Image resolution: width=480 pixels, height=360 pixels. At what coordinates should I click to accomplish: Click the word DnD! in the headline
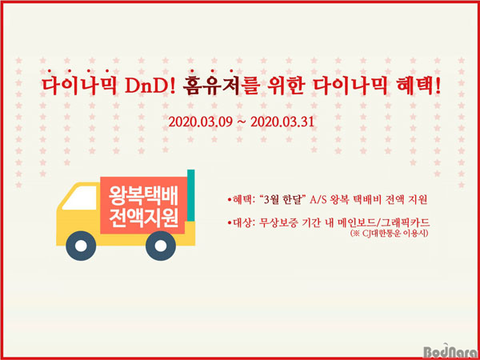tap(150, 87)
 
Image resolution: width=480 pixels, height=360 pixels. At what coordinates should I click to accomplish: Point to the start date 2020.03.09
tap(202, 122)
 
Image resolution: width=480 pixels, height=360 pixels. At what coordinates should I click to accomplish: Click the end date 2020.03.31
tap(282, 122)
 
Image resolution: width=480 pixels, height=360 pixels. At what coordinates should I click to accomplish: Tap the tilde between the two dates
tap(242, 123)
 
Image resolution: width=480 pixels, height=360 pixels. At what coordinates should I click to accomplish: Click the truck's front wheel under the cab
tap(81, 246)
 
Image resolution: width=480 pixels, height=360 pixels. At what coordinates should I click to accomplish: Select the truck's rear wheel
tap(161, 246)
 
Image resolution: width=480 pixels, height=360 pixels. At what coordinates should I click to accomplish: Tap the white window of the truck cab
tap(80, 198)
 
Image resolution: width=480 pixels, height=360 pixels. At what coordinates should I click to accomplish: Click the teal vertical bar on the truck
tap(191, 195)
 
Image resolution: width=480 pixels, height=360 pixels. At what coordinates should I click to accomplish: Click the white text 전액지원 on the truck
tap(143, 218)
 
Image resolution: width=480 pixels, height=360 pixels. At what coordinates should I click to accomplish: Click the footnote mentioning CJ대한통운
tap(390, 234)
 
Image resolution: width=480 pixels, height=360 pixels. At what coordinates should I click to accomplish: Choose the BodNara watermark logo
tap(451, 352)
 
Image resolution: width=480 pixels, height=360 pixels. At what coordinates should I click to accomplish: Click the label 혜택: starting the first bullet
tap(241, 201)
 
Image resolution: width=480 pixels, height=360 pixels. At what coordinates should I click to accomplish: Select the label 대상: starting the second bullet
tap(241, 222)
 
